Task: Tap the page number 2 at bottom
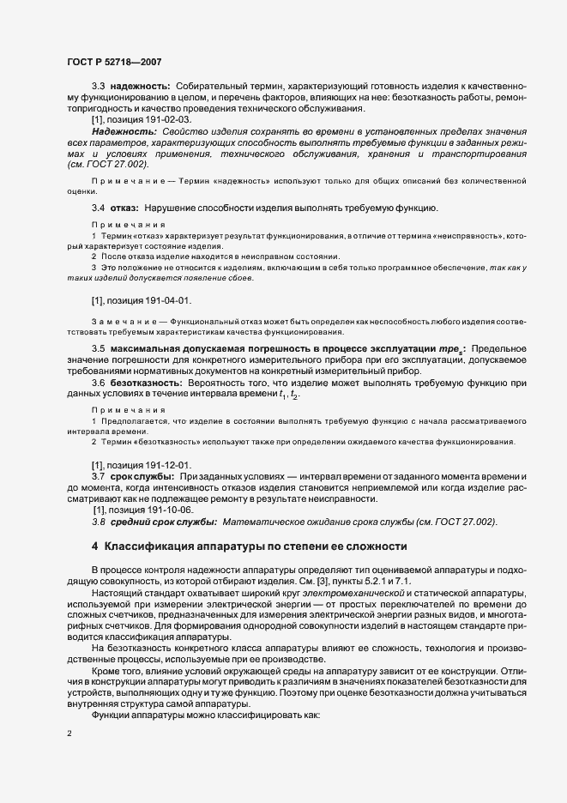(69, 735)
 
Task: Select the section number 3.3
(98, 88)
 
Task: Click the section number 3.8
(98, 522)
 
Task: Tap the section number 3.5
(98, 348)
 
